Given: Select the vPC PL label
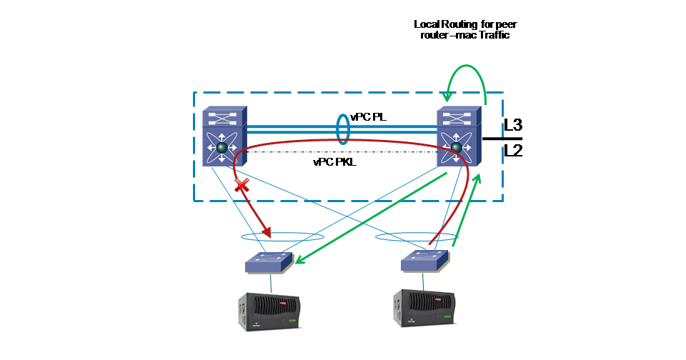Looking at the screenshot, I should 369,116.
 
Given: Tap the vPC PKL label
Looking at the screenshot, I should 334,162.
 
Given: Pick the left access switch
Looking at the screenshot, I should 269,262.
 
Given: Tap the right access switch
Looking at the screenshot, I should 426,260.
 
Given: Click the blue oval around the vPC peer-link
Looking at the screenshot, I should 343,128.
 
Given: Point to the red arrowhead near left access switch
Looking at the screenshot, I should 268,232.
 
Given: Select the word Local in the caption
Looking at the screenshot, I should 427,24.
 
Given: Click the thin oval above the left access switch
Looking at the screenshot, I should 282,236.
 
